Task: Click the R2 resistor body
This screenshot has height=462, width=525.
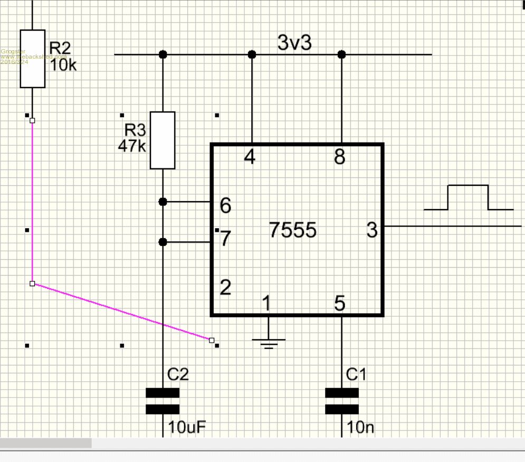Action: point(32,59)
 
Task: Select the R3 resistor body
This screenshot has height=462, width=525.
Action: point(163,140)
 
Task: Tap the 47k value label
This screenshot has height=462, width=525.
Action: point(131,146)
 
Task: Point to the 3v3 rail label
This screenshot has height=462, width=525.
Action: point(294,43)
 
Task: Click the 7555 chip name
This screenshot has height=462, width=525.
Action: point(293,230)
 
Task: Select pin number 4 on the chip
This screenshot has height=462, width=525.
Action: point(250,157)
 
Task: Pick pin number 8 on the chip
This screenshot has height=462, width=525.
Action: point(340,157)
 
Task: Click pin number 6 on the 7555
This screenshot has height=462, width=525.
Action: point(225,206)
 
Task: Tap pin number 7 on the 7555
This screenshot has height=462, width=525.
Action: point(225,239)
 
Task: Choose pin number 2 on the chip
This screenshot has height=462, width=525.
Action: point(225,288)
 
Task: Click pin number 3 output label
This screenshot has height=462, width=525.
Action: point(372,230)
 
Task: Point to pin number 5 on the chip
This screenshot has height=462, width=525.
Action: point(340,304)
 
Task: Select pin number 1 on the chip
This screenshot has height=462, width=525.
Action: point(266,304)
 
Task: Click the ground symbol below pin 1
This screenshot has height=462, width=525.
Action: point(269,343)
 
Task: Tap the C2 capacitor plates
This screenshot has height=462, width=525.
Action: point(163,401)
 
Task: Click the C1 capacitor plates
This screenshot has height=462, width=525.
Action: point(341,401)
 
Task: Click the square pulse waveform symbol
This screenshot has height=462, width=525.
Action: point(468,198)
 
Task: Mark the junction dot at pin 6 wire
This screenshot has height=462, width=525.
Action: point(163,202)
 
